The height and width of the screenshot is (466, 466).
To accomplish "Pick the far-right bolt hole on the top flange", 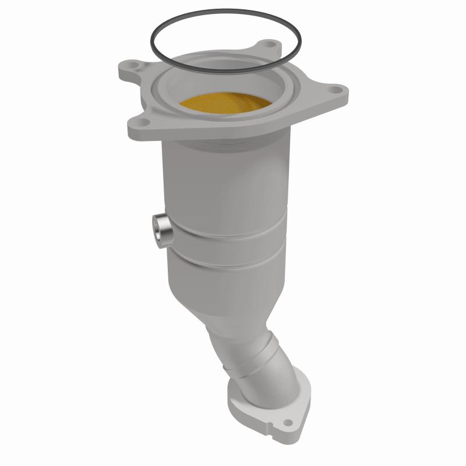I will (x=334, y=90).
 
